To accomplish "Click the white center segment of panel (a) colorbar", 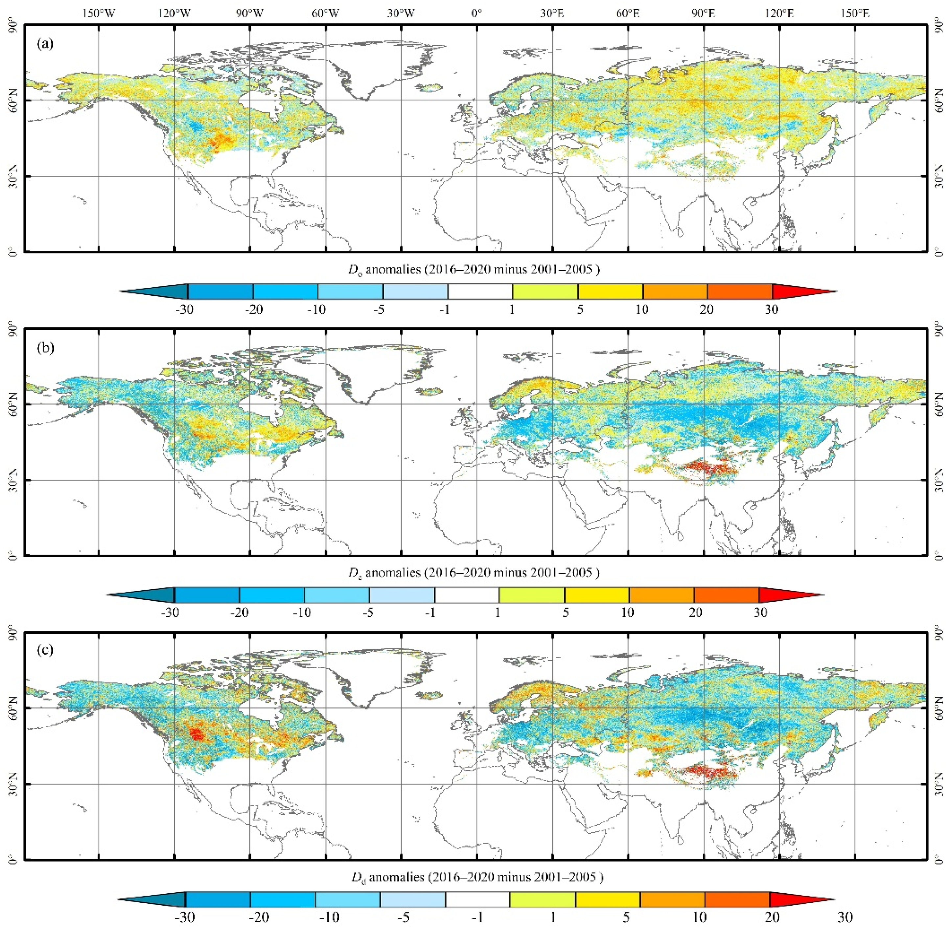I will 480,292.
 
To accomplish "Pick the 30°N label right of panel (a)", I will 938,176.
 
